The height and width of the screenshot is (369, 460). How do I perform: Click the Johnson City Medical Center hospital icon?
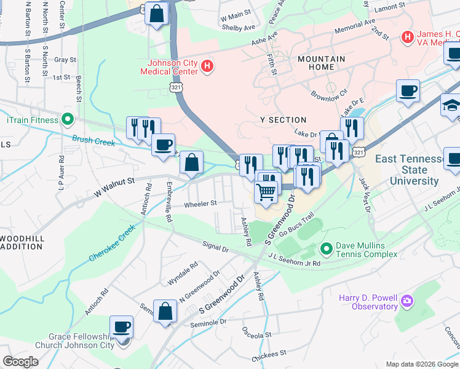coord(207,66)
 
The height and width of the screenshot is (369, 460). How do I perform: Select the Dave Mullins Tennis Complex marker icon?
coord(327,249)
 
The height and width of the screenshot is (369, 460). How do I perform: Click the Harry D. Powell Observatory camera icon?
coord(406,301)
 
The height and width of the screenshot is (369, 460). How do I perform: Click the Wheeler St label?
coord(202,203)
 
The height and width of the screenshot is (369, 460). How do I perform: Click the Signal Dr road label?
coord(216,247)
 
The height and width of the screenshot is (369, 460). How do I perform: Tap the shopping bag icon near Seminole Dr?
coord(165,311)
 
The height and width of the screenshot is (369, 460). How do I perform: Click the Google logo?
coord(20,362)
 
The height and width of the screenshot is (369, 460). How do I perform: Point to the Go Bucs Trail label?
coord(297,224)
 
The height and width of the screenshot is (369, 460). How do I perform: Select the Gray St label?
coord(65,60)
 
